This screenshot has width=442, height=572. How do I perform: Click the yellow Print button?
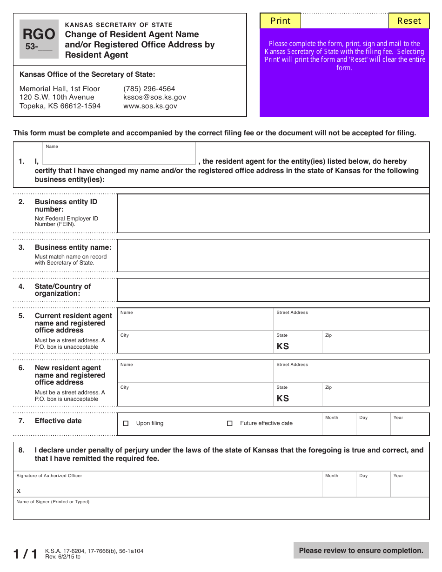point(280,21)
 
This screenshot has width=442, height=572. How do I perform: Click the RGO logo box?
point(39,39)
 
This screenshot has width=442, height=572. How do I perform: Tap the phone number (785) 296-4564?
point(149,89)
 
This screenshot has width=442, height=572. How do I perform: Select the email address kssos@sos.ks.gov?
point(154,97)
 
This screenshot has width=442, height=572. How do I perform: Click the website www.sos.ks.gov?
point(150,106)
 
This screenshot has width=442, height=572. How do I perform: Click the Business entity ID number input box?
point(273,213)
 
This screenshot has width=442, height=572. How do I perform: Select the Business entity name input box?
point(273,255)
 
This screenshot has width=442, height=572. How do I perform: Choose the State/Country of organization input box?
point(273,290)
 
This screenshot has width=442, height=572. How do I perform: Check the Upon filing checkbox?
point(126,424)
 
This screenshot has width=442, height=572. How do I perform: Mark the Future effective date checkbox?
point(229,424)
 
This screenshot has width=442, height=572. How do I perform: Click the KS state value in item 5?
point(283,346)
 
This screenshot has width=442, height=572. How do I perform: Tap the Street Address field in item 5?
point(351,321)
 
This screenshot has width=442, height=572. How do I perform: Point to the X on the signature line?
point(19,491)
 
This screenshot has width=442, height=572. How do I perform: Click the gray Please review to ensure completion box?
point(361,551)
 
